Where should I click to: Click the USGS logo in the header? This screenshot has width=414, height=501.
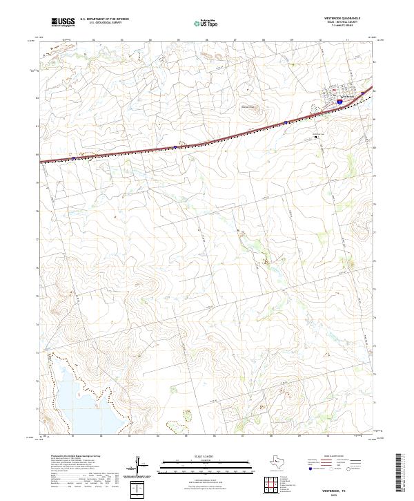coord(63,22)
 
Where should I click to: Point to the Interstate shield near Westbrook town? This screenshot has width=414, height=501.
coord(340,101)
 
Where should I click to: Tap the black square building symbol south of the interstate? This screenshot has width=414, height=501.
coord(317,137)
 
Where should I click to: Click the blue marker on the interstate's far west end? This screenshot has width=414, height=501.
coord(74,158)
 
